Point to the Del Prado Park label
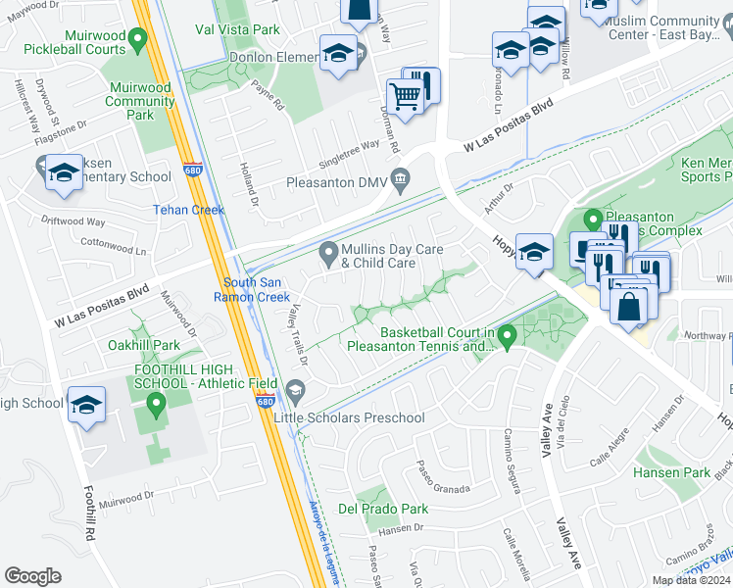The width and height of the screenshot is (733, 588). pos(383,509)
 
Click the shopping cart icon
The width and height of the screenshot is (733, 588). pos(405,97)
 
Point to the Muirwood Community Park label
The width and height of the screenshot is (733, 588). pos(140,101)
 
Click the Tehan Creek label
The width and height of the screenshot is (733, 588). pos(188,210)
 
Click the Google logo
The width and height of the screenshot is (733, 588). pos(32,576)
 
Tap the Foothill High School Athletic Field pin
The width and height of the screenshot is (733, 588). pos(154,403)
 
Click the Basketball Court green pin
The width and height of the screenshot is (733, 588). pos(508,337)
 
